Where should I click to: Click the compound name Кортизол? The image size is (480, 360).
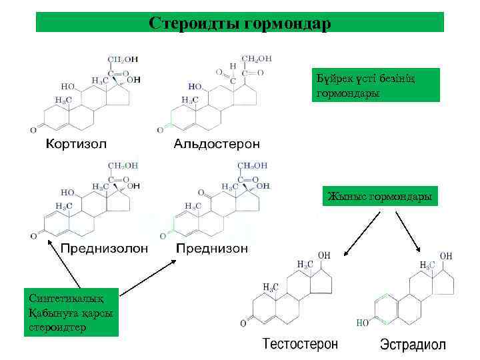[75, 143]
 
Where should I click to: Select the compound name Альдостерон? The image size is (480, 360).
[217, 143]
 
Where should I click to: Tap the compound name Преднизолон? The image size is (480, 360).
[105, 248]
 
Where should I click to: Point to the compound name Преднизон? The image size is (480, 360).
[212, 248]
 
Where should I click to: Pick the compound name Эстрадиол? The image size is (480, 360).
[413, 345]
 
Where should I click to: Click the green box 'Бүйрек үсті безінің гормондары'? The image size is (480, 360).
[377, 85]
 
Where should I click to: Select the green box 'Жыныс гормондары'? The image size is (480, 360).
[380, 197]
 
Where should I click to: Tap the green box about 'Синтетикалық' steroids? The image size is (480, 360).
[71, 311]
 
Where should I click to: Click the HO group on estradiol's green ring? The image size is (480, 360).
[364, 323]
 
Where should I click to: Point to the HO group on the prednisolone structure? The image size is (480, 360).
[67, 191]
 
